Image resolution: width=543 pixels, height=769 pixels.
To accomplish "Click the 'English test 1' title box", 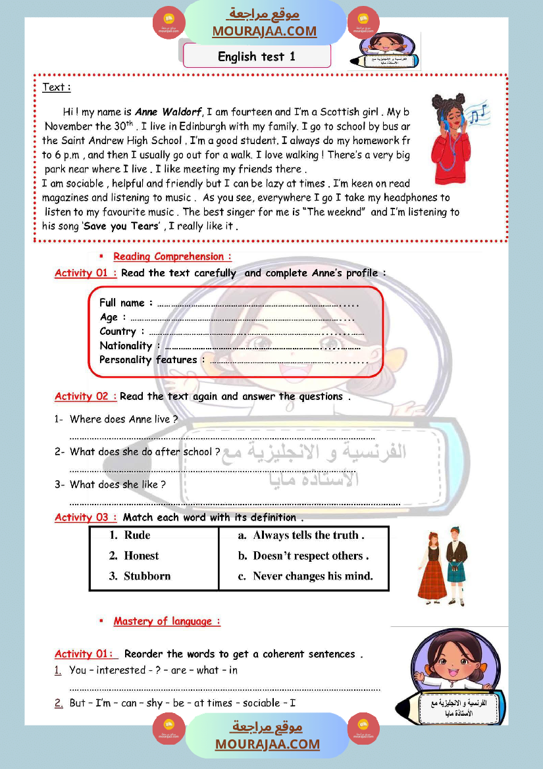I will click(x=257, y=57).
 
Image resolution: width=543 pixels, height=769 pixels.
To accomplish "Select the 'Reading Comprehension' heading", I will click(x=172, y=257).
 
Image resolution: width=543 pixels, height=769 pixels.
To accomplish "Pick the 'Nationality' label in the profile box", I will click(x=126, y=346).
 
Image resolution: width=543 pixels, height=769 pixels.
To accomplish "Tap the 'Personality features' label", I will click(x=148, y=360).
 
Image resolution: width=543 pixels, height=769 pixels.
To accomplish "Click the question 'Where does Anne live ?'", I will click(x=124, y=419).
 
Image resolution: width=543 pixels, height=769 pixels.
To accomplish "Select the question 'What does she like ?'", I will click(x=117, y=485).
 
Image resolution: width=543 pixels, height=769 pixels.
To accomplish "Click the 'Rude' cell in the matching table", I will click(x=137, y=535).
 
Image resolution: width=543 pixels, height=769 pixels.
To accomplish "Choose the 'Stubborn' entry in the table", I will click(x=147, y=576).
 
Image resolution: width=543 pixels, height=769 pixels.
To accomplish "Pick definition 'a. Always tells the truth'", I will click(x=301, y=535).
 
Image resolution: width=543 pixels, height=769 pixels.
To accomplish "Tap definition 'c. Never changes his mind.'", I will click(x=305, y=576).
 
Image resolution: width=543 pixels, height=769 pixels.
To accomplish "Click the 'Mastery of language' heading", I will click(x=167, y=622).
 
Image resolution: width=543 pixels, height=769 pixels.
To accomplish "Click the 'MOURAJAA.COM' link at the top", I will click(x=264, y=31).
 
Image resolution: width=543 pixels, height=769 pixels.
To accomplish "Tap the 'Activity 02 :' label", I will click(x=86, y=397).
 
